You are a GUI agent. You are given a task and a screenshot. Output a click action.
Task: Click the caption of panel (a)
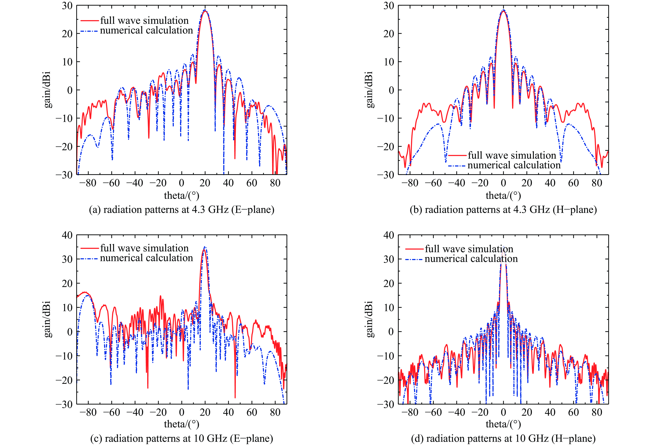click(182, 209)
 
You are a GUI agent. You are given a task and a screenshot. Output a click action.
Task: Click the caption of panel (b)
click(503, 209)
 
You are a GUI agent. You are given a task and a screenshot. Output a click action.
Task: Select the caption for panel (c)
click(182, 438)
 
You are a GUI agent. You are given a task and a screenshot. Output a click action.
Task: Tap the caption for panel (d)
click(503, 438)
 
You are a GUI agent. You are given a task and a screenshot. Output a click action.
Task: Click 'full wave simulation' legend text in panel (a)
click(144, 20)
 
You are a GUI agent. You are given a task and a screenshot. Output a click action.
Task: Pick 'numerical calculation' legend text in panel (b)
click(514, 165)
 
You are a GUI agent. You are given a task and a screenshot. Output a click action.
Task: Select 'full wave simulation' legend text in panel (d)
click(469, 249)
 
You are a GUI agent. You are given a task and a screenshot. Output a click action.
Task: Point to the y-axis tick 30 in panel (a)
click(67, 6)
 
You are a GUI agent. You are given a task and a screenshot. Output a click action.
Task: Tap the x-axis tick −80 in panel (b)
click(410, 183)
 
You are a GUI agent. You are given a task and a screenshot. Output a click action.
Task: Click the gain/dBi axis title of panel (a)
click(48, 90)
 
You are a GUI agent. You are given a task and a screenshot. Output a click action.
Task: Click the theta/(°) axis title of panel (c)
click(182, 424)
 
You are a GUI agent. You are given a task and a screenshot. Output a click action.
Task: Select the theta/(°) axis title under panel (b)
click(503, 195)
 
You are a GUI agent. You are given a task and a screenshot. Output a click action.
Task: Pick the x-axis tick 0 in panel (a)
click(182, 183)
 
